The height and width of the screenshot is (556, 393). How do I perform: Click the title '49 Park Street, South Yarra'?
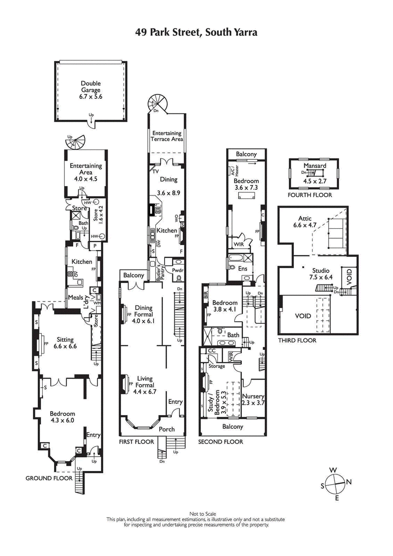pos(196,32)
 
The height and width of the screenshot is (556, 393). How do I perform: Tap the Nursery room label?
pos(253,399)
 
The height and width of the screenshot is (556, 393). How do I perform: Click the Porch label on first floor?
pos(167,429)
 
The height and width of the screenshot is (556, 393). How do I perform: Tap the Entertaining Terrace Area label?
pos(167,136)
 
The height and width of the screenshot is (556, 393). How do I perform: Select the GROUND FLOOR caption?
pos(49,478)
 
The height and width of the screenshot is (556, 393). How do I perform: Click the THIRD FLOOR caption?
pos(297,340)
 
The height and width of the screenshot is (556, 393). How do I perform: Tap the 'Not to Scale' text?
pos(196,513)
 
